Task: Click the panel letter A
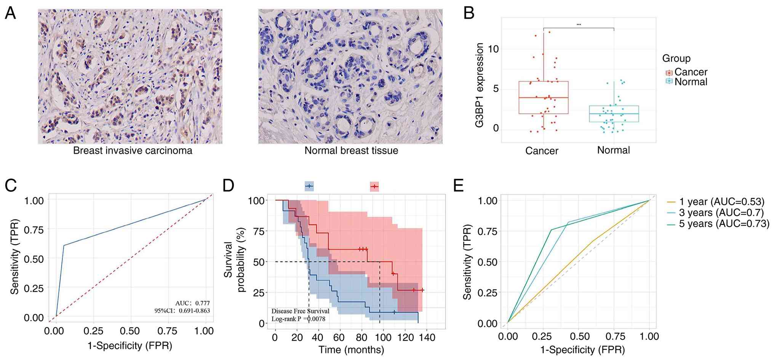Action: pos(10,14)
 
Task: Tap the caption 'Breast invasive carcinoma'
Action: pos(133,150)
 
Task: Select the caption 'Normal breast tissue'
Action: pos(351,150)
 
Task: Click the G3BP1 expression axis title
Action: pos(480,85)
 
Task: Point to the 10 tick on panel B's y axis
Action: pos(493,49)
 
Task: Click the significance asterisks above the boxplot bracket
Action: pos(579,25)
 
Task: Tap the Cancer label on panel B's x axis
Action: pos(542,151)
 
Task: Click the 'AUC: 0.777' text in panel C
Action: pos(192,303)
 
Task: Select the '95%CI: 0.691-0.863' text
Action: pos(182,310)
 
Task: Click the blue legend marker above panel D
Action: pos(309,186)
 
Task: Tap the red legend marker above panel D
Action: pos(374,186)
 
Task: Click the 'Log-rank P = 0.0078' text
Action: pos(298,318)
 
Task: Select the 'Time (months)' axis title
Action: pos(351,349)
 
